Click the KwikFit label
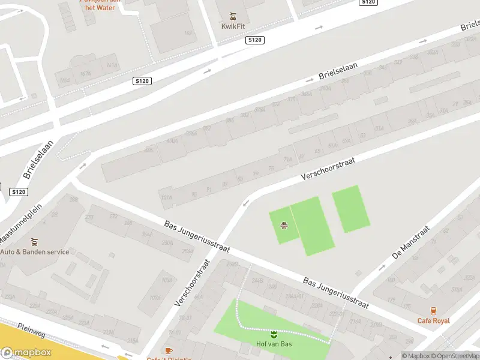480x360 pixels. [x=233, y=26]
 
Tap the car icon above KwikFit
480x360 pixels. [x=233, y=16]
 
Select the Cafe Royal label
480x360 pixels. [x=433, y=320]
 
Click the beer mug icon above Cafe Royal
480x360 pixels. [x=433, y=310]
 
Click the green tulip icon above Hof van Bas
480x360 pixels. [x=274, y=334]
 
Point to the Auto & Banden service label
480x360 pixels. [x=34, y=252]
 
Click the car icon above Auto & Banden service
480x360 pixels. [x=35, y=242]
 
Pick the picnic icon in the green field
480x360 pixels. [x=284, y=226]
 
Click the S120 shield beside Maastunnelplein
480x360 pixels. [x=19, y=192]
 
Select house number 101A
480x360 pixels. [x=166, y=197]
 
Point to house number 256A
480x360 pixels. [x=167, y=243]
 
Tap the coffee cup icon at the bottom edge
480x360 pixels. [x=169, y=350]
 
